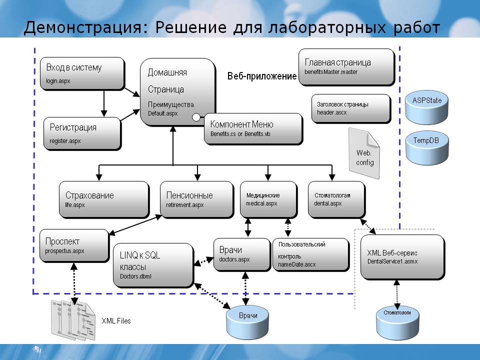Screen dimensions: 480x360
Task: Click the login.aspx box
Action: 82,74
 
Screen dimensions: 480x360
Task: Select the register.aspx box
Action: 82,134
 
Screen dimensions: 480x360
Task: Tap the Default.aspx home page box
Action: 178,92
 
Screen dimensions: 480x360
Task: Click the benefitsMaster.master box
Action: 346,67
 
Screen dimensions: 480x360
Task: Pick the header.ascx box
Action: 351,108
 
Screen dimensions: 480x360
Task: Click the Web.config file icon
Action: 364,153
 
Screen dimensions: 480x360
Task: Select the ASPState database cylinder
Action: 426,108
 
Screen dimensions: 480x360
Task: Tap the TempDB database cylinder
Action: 427,149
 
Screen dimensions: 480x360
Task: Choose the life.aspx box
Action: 104,200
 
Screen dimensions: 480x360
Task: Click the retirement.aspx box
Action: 197,200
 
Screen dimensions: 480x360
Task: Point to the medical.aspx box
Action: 269,199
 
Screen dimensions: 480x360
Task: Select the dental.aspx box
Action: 336,199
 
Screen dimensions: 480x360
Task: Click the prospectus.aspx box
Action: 74,246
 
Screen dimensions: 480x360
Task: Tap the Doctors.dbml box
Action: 153,265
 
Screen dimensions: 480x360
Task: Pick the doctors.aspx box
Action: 242,255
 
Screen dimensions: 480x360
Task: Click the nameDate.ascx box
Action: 311,255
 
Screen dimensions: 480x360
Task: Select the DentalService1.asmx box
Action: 402,257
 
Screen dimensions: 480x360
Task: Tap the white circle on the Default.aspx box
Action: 196,117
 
